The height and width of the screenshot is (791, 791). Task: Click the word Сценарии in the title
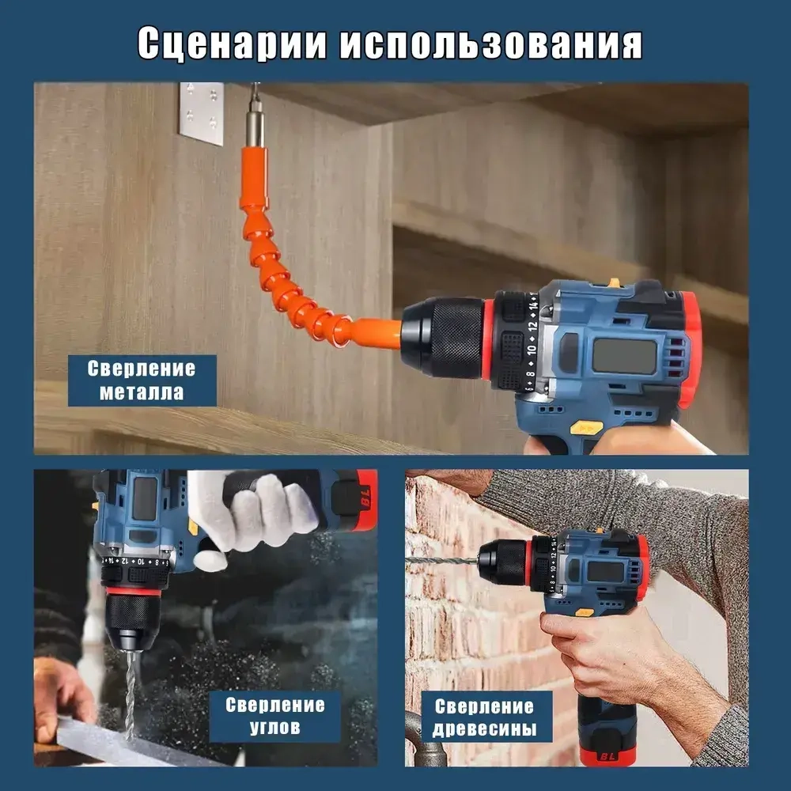click(x=230, y=44)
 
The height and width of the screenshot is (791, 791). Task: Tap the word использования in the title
click(x=491, y=44)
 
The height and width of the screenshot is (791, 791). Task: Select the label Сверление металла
click(x=142, y=380)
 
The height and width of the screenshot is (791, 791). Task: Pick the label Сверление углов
click(x=274, y=715)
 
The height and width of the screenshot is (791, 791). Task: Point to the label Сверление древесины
click(x=485, y=717)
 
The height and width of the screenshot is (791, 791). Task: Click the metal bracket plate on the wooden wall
click(x=201, y=113)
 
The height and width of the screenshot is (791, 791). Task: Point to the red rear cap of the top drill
click(x=690, y=348)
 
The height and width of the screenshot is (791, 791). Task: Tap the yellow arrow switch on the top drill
click(x=586, y=428)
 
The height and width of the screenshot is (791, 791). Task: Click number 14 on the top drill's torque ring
click(x=534, y=302)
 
